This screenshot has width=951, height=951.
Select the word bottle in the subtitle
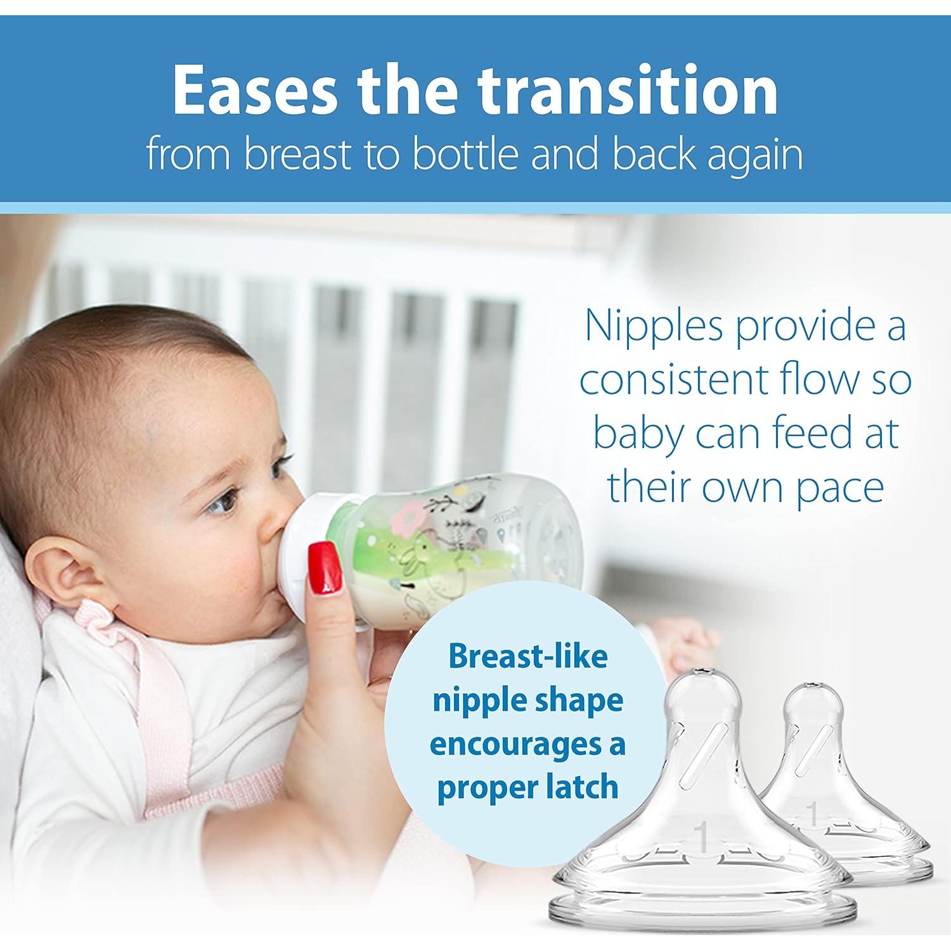tap(466, 154)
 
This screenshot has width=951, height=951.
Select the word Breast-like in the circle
tap(527, 656)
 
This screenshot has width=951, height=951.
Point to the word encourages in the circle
tap(519, 744)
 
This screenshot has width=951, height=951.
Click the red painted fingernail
tap(324, 569)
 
